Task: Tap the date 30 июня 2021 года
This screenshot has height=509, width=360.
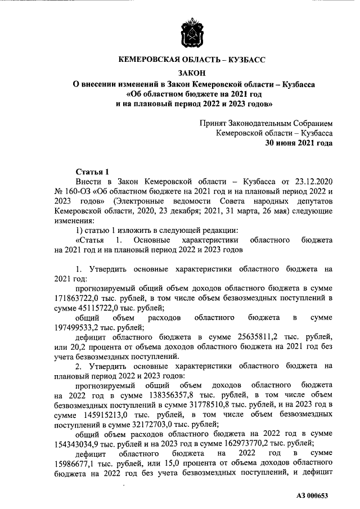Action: (299, 143)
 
